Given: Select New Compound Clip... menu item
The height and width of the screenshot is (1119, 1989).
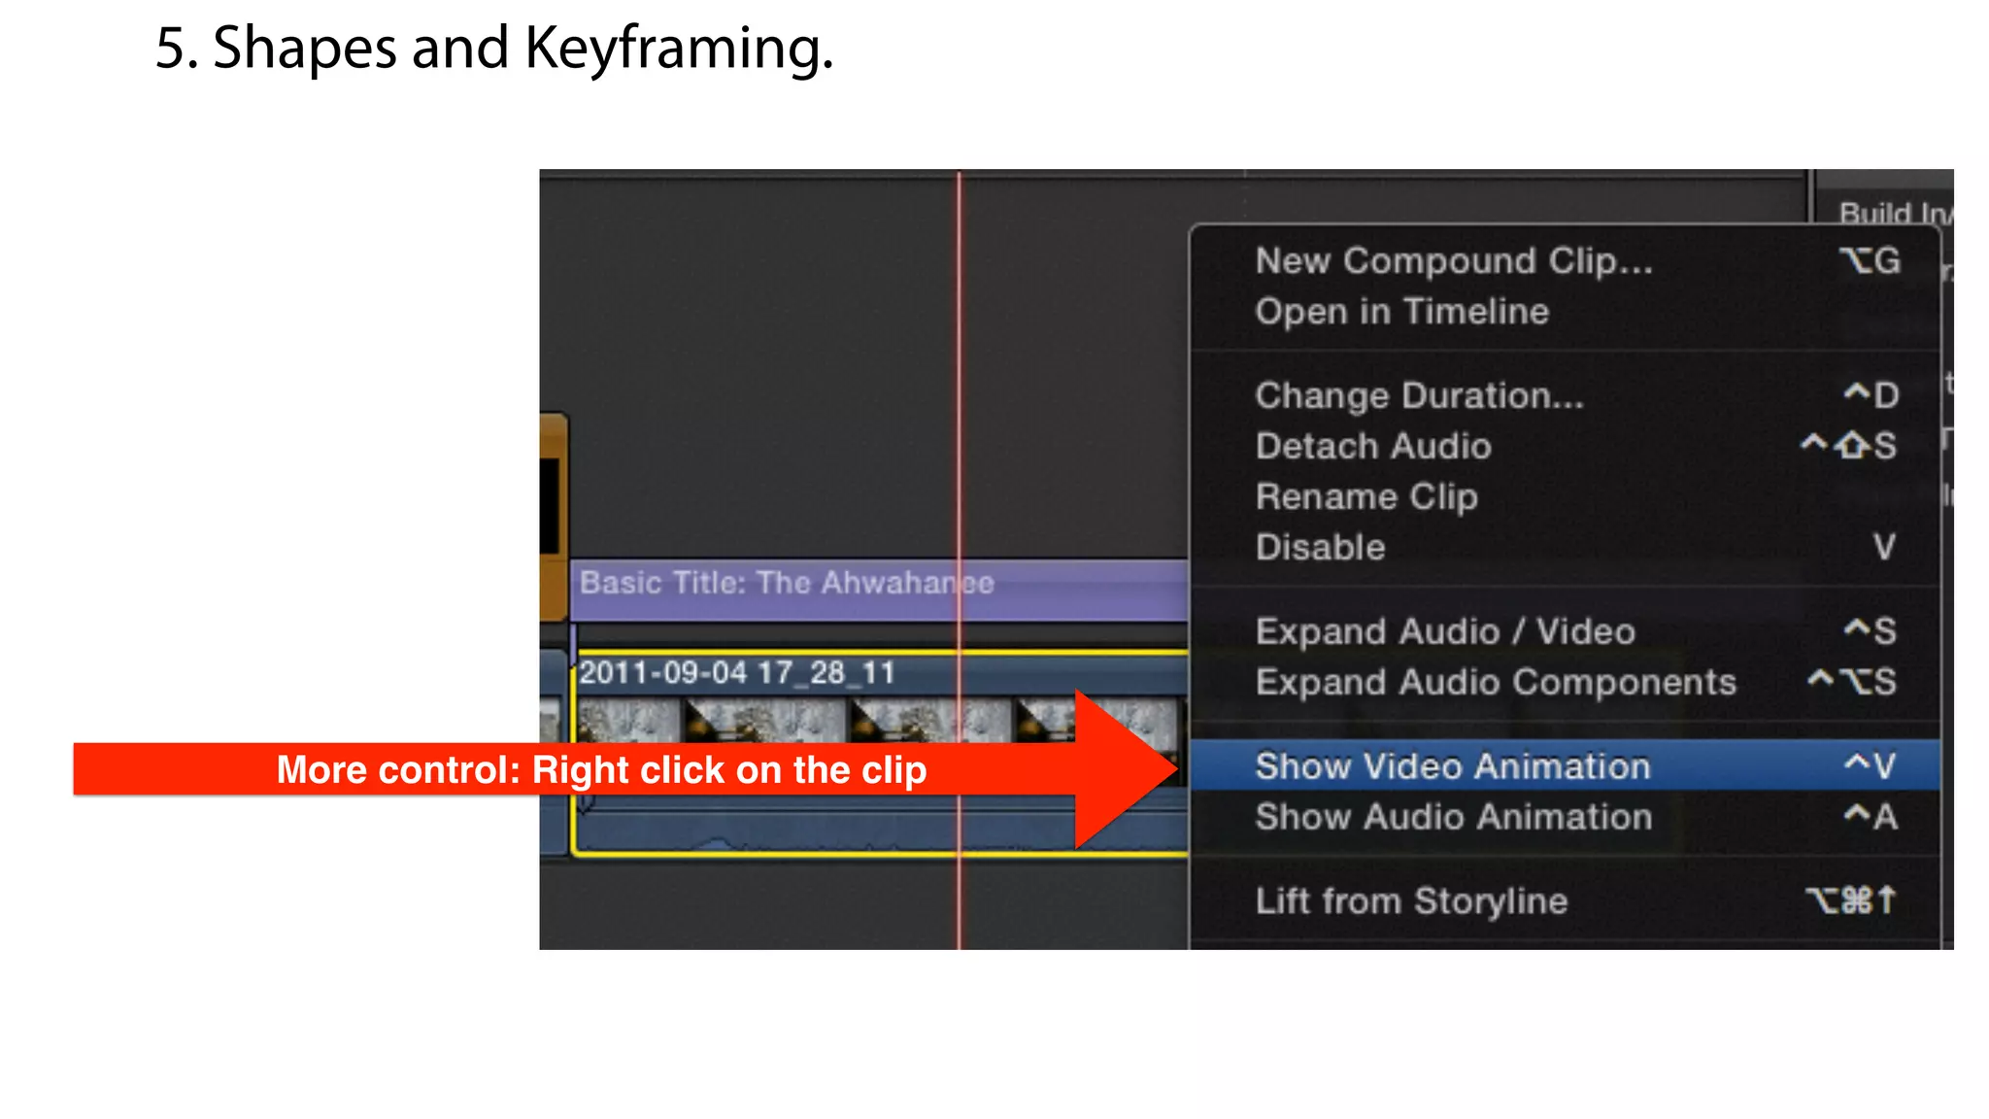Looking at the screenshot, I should (1453, 260).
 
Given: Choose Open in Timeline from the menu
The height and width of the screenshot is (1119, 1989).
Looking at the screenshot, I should (1401, 312).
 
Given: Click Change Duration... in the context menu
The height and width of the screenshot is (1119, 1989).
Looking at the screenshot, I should (1419, 395).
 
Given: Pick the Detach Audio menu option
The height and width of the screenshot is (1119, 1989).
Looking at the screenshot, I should (1373, 446).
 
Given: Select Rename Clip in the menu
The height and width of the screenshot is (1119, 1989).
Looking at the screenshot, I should (1366, 496).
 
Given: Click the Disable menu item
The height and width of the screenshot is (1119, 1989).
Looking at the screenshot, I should (1320, 547).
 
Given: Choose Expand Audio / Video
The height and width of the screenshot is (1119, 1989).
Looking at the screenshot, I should (1445, 631).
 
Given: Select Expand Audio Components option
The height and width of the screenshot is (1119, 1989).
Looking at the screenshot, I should (1496, 682).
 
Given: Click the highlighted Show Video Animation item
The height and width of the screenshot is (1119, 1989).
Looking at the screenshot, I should (1453, 766).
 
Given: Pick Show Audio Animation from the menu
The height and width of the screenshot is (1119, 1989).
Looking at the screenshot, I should (1453, 817).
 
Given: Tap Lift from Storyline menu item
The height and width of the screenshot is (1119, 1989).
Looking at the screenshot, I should (1411, 900).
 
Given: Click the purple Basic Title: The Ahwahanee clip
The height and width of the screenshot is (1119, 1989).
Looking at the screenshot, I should (787, 583).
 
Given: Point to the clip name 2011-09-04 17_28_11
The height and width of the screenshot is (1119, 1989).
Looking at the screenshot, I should (737, 672).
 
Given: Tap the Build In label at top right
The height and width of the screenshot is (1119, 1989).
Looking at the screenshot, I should (1892, 213).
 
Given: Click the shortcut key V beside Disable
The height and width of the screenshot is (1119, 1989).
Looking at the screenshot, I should (1884, 547).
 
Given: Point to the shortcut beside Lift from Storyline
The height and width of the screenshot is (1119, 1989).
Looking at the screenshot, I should (1851, 900).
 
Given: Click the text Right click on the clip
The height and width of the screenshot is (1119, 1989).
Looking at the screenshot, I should (728, 769).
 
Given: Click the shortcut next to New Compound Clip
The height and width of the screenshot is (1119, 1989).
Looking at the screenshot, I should (1870, 260).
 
